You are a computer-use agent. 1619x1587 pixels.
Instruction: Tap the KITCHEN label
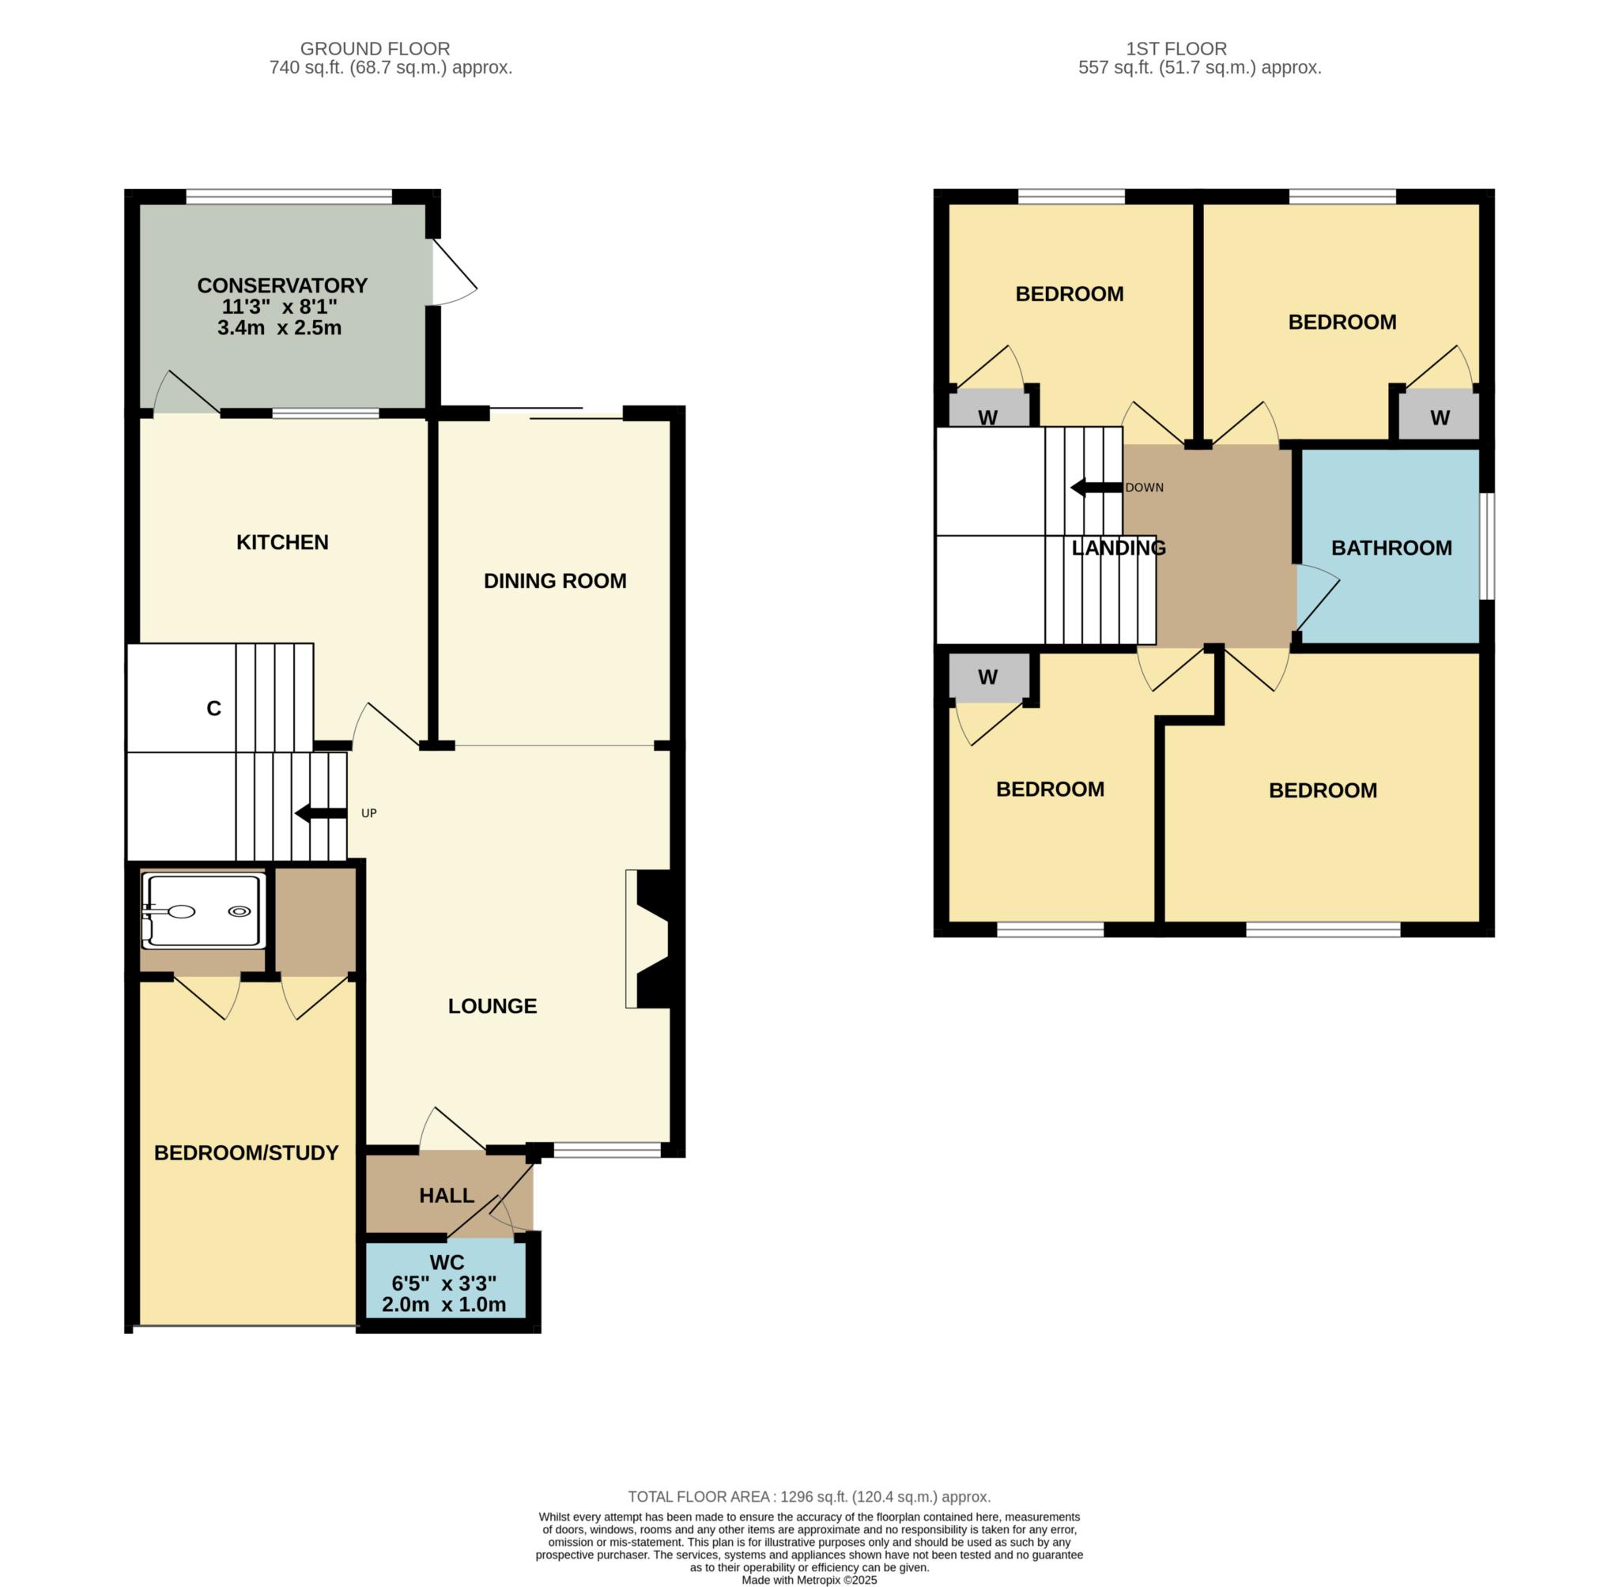click(283, 543)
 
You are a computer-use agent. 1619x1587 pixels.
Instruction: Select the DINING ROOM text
click(555, 581)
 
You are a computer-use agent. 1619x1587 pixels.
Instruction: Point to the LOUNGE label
click(492, 1006)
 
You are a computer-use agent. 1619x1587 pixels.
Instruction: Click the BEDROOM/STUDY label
click(247, 1153)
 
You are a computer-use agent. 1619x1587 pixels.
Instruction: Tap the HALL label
click(447, 1196)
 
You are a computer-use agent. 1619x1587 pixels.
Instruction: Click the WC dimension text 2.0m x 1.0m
click(444, 1304)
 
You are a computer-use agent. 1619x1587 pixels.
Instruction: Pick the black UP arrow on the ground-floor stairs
click(321, 813)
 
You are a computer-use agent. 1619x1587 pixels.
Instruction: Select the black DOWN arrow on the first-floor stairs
click(1096, 488)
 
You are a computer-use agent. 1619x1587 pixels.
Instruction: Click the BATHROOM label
click(1391, 548)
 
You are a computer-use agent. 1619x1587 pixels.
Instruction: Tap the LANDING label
click(1119, 548)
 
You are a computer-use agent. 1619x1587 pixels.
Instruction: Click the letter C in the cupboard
click(214, 708)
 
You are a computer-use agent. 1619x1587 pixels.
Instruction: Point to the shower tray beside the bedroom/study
click(204, 911)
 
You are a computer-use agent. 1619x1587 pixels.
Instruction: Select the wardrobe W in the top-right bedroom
click(1440, 418)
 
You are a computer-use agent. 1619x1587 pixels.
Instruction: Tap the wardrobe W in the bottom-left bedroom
click(988, 677)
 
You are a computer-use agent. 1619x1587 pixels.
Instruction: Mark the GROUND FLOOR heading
click(376, 49)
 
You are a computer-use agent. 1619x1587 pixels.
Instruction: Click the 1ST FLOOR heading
click(1176, 49)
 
